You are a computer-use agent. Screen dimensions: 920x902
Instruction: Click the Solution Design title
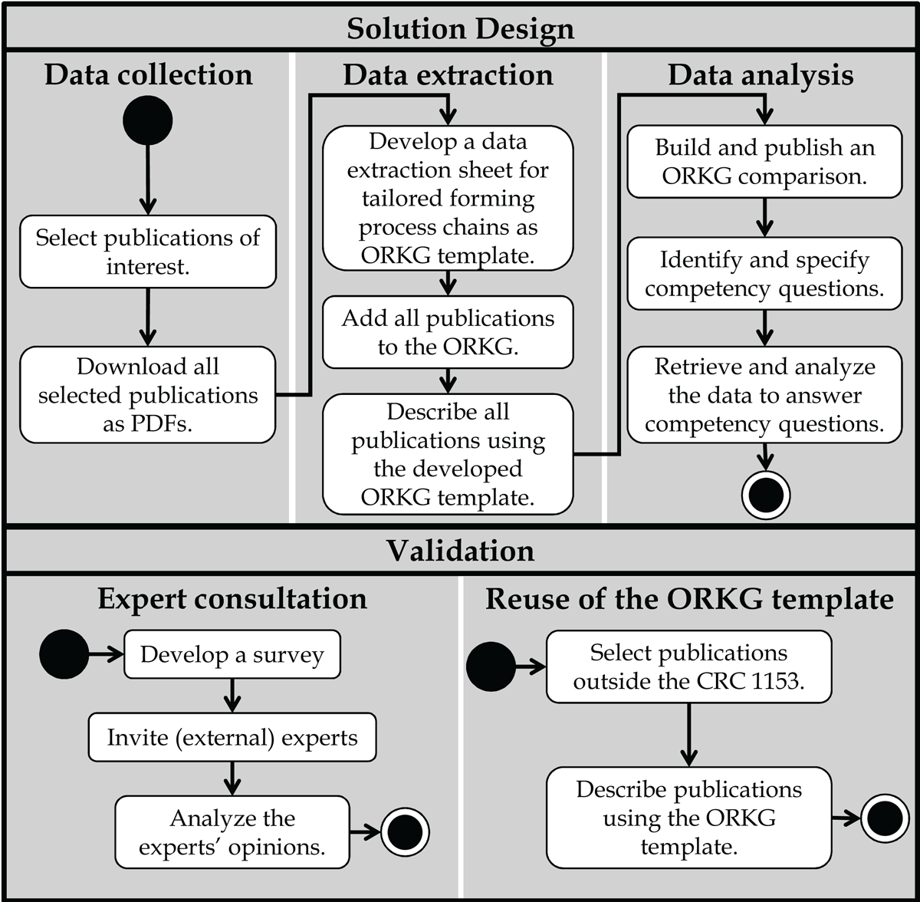(460, 28)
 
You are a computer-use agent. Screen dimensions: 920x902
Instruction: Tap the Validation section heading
(460, 551)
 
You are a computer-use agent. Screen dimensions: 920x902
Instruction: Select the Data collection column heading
(149, 74)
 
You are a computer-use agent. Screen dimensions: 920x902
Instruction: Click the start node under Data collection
(147, 120)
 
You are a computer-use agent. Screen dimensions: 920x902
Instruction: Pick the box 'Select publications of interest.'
(148, 252)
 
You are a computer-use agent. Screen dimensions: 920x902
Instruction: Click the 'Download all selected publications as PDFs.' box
(147, 394)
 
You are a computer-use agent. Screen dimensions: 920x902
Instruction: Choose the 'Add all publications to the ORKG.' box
(448, 332)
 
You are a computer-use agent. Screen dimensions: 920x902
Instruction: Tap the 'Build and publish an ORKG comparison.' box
(764, 162)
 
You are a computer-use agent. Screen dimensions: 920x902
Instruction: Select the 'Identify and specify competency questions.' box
(764, 274)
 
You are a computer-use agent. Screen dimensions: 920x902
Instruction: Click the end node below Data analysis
(766, 495)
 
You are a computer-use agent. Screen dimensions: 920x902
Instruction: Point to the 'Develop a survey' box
(232, 654)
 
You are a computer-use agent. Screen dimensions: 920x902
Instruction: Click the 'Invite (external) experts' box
(232, 737)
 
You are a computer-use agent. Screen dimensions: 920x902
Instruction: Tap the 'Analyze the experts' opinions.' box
(232, 832)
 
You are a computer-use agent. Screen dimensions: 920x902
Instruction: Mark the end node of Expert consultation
(405, 832)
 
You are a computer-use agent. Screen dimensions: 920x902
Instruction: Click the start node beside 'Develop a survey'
(64, 654)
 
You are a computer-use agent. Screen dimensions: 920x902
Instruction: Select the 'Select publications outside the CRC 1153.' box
(689, 667)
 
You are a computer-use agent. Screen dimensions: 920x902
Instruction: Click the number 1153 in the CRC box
(778, 681)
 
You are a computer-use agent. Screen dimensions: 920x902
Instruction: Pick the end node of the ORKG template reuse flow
(885, 818)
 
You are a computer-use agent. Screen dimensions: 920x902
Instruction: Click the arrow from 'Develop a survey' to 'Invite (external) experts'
(232, 696)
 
